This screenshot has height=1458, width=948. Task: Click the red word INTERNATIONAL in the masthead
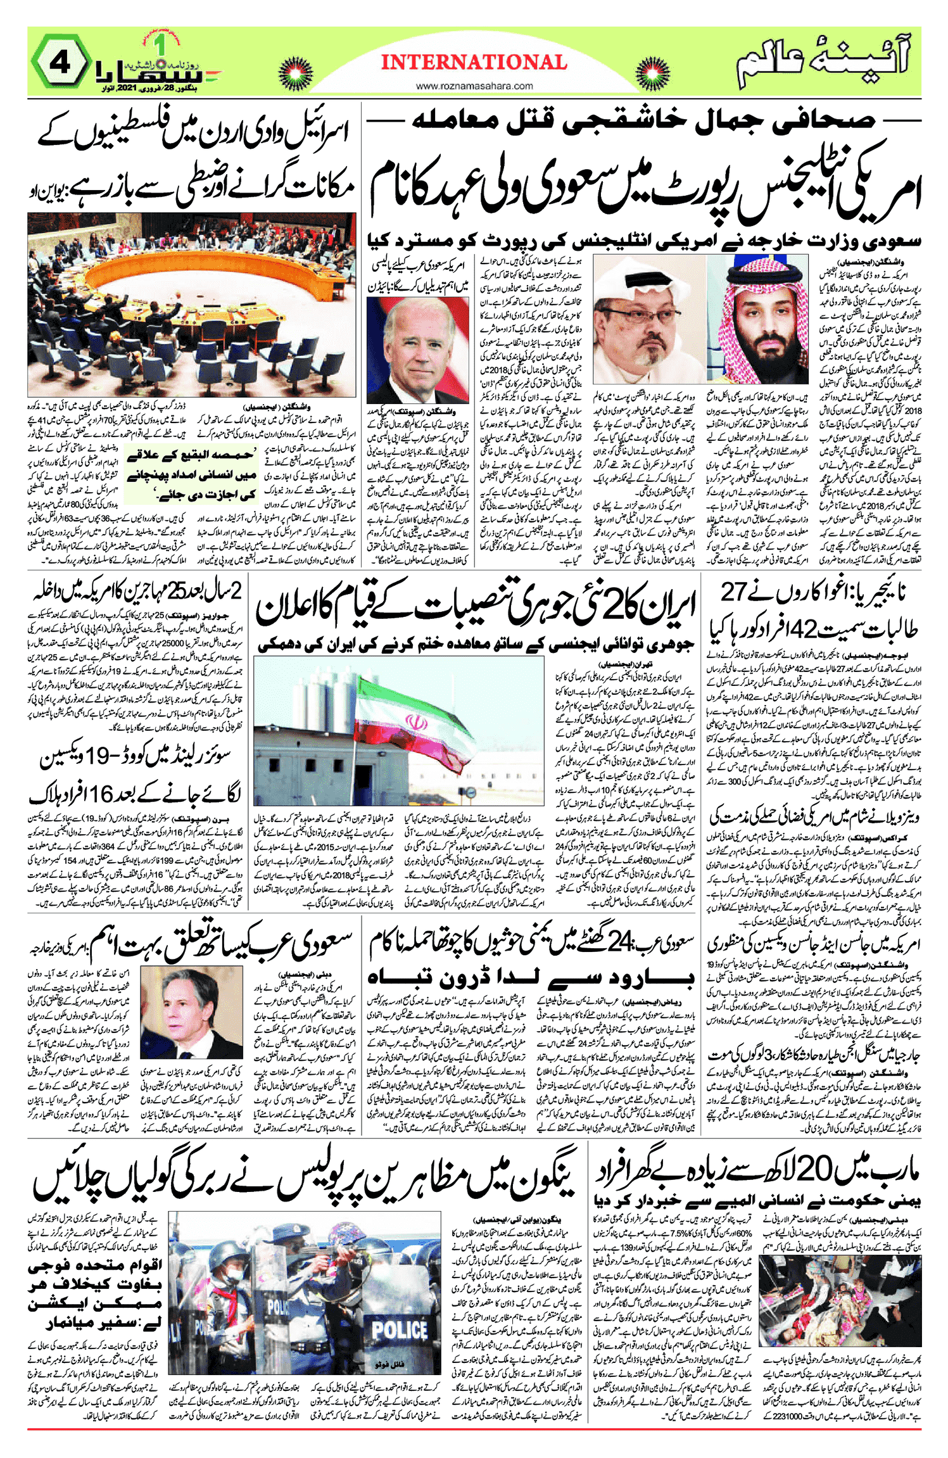click(x=474, y=62)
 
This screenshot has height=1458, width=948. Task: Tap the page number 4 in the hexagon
click(x=61, y=63)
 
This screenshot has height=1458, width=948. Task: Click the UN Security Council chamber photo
click(x=191, y=305)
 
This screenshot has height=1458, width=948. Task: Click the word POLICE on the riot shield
click(x=399, y=1328)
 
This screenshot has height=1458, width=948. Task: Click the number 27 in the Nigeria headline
click(x=734, y=593)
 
